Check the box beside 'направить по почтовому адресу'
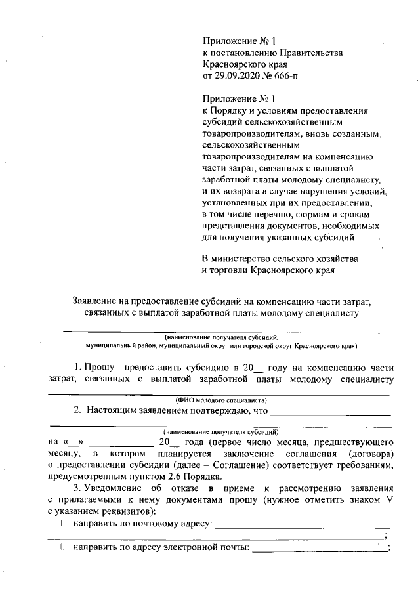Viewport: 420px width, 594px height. [63, 524]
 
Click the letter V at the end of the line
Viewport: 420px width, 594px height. [388, 499]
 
